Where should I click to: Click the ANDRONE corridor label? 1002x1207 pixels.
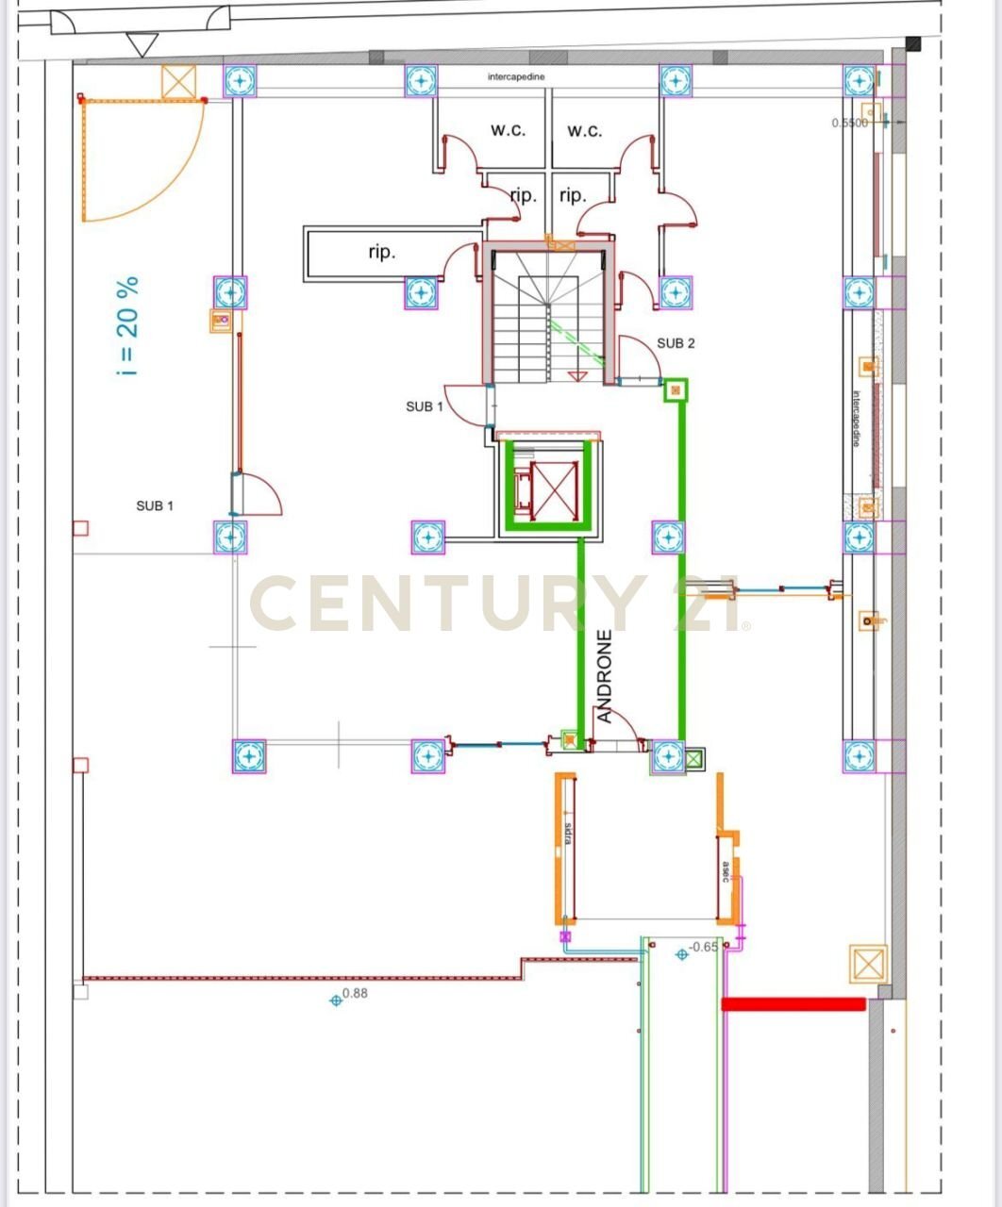point(605,677)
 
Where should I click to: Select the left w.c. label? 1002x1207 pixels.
point(508,130)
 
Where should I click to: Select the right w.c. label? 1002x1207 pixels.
point(585,130)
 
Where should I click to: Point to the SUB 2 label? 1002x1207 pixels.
point(676,343)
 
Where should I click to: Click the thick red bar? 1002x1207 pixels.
point(793,1004)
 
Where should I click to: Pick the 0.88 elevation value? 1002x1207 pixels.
point(355,993)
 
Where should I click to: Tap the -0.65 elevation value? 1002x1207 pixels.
point(704,947)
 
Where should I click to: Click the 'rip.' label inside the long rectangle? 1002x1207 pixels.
point(382,253)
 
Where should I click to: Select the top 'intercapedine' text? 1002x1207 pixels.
point(516,77)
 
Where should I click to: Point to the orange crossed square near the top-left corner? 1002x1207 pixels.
point(177,82)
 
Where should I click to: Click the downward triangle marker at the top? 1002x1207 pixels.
point(142,44)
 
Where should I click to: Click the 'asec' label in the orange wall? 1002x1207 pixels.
point(726,871)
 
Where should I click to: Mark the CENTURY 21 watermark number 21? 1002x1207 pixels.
point(710,604)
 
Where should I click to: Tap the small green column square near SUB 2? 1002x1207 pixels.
point(675,389)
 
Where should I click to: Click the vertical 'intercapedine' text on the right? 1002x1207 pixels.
point(857,419)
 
